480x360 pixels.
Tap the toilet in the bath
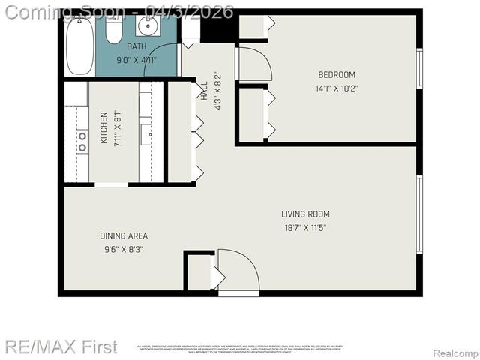point(114,30)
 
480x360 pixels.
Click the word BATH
point(136,47)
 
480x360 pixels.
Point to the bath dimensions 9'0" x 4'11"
point(136,60)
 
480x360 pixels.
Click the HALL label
point(204,91)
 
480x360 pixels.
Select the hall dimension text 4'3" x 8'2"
point(218,91)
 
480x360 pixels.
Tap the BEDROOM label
point(337,74)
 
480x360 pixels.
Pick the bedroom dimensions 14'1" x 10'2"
point(337,88)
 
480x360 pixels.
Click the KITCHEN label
point(103,127)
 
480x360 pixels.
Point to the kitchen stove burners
point(82,141)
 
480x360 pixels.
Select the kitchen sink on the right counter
point(145,134)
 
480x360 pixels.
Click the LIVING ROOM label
point(305,214)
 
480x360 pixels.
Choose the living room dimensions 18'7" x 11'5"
point(305,227)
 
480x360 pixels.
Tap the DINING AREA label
point(124,235)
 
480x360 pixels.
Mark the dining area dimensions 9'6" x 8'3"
point(124,248)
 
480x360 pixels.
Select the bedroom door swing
point(253,64)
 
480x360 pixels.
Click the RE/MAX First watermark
point(60,346)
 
